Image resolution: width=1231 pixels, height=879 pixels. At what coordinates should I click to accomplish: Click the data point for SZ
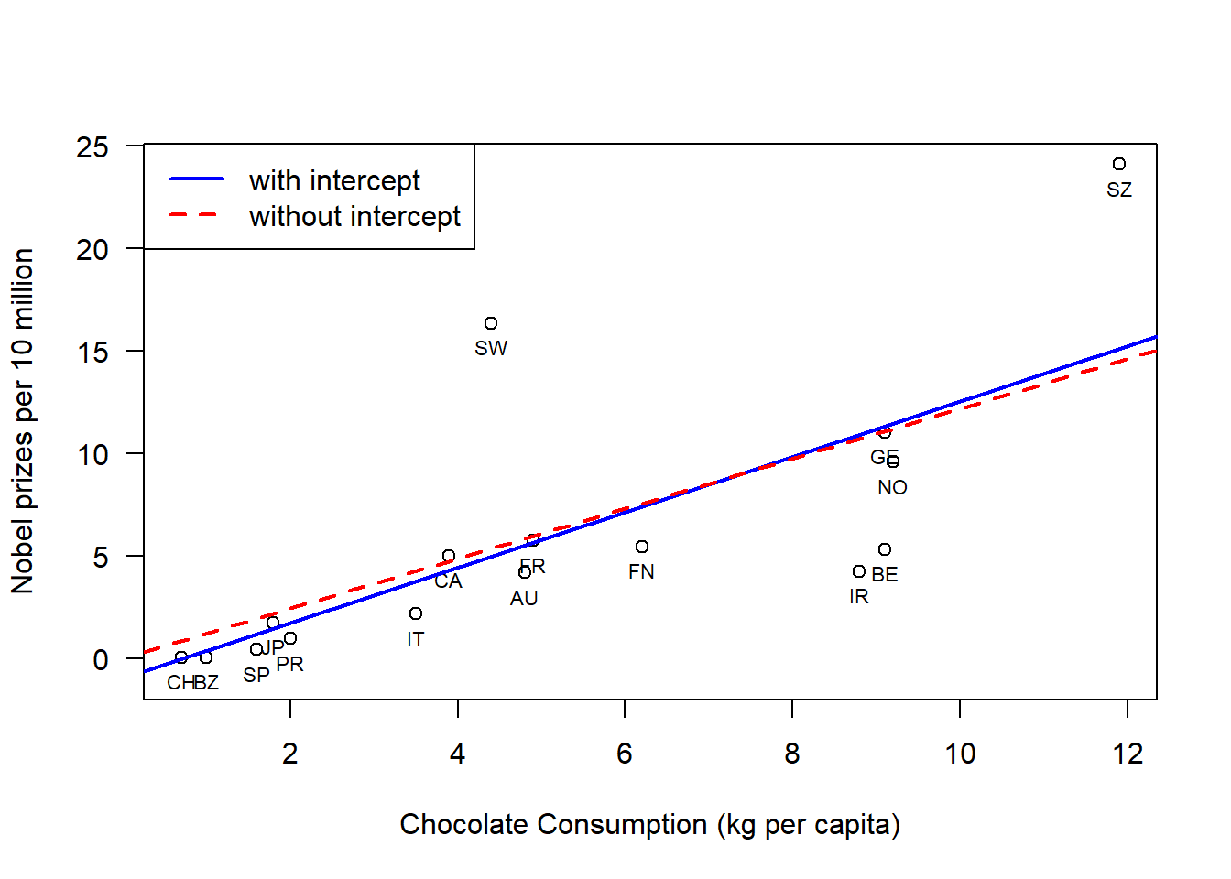tap(1119, 164)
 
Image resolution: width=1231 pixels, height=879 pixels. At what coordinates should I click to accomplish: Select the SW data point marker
tap(491, 323)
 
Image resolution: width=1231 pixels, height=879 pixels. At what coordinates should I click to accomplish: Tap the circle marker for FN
tap(642, 547)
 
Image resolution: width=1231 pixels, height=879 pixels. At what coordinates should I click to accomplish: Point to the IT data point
tap(416, 613)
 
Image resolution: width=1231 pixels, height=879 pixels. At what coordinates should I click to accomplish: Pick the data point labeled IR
tap(859, 571)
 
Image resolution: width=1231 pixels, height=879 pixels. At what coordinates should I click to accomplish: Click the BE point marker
tap(885, 549)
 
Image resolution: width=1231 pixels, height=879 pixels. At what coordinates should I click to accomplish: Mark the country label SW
tap(491, 349)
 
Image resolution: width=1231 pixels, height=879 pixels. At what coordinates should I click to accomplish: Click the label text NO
tap(892, 488)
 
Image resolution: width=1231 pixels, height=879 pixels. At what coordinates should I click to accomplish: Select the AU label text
tap(524, 599)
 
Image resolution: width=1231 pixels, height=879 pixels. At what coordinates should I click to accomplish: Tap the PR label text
tap(289, 665)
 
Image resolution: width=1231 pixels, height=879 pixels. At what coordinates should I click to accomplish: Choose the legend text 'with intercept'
tap(334, 180)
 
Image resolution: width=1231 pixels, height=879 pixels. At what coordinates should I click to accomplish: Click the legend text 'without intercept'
tap(354, 216)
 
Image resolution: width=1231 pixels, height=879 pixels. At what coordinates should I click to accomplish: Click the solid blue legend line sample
tap(196, 179)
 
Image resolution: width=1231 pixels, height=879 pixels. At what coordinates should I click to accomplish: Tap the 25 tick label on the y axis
tap(93, 146)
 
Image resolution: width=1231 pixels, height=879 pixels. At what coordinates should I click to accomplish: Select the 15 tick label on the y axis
tap(93, 352)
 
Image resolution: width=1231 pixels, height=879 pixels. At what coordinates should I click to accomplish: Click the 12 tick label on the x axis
tap(1128, 754)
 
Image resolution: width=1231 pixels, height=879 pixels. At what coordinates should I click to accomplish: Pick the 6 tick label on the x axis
tap(625, 754)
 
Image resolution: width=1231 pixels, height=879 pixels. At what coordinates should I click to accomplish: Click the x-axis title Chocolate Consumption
tap(649, 824)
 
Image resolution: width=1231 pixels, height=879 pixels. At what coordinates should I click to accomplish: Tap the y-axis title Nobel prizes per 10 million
tap(23, 421)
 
